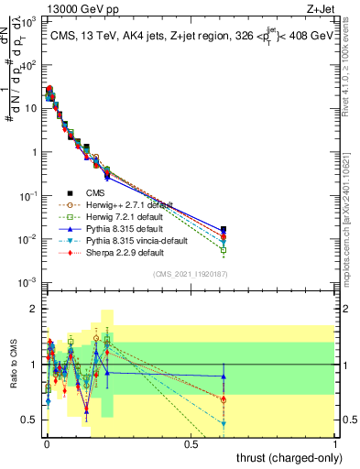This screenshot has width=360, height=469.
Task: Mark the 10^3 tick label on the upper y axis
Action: click(27, 21)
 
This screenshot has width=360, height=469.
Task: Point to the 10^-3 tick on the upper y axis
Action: click(27, 282)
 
